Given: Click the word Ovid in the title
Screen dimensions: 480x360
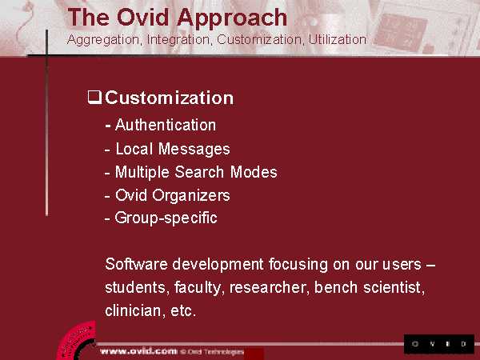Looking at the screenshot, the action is point(142,18).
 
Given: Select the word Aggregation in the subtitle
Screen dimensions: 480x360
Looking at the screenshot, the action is point(104,41).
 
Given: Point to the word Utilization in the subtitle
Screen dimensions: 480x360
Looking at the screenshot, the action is point(337,39).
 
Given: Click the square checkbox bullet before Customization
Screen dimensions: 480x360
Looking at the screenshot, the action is point(94,98).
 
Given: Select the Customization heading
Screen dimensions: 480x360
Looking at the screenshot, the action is point(170,98).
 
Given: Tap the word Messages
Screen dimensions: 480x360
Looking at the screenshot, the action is point(194,150).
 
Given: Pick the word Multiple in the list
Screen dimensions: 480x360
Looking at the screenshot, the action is point(142,173).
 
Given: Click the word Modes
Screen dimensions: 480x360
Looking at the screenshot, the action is point(254,172).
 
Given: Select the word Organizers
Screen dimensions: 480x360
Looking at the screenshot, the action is point(191,196).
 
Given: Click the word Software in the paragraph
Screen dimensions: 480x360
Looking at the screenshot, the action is point(136,264).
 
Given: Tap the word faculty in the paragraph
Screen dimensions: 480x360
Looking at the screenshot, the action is point(198,288).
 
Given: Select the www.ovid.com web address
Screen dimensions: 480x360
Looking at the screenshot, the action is point(138,351).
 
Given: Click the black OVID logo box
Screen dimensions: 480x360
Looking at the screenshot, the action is point(439,344).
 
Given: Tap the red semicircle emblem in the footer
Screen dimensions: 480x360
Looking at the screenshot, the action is point(77,342).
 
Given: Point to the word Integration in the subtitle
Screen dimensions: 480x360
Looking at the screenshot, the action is point(178,41).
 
